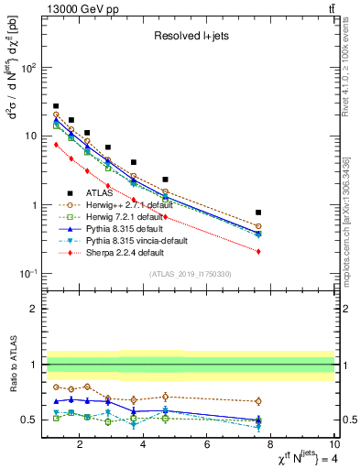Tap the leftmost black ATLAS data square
coord(56,106)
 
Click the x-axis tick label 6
coord(207,446)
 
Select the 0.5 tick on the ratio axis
coord(30,420)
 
